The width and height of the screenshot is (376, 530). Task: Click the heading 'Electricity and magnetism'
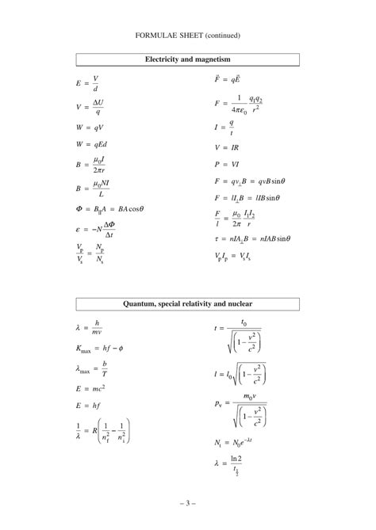187,59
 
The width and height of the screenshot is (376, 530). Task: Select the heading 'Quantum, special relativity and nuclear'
187,304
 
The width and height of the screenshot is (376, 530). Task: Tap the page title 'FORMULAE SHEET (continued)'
187,35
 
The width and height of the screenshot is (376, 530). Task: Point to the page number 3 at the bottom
187,503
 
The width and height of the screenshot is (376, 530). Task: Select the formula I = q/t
225,125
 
